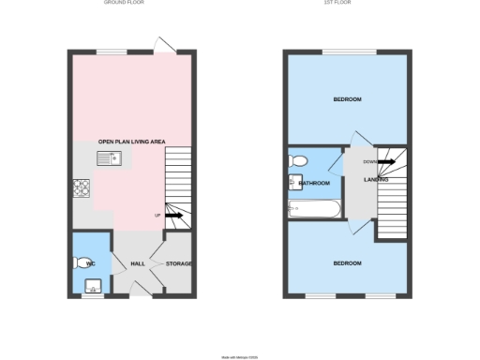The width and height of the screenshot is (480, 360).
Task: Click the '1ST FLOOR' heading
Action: click(x=349, y=4)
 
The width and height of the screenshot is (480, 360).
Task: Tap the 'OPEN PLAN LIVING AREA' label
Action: click(x=132, y=141)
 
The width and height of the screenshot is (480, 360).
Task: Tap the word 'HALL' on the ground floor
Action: click(x=137, y=263)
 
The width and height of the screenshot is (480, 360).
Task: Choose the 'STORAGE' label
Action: click(x=179, y=263)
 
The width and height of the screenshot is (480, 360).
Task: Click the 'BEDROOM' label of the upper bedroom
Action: click(x=348, y=98)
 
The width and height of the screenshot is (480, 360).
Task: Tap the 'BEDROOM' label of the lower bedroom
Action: click(x=347, y=263)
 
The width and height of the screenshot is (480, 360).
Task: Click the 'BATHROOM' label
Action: click(x=314, y=183)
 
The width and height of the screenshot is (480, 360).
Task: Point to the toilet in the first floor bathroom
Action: click(x=294, y=159)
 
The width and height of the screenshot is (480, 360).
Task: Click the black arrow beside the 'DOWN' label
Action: click(x=385, y=161)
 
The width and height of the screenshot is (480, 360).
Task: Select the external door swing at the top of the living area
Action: click(x=163, y=44)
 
